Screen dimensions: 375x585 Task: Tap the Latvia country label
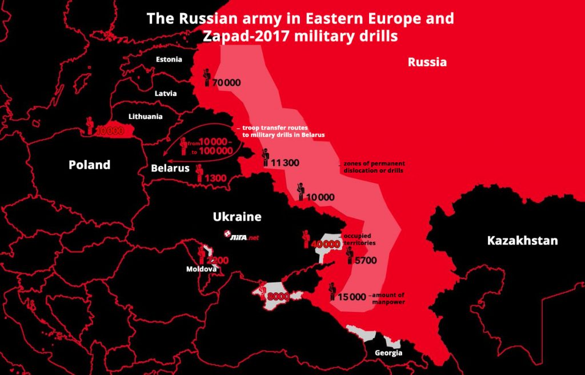click(166, 93)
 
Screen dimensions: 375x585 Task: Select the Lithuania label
click(146, 117)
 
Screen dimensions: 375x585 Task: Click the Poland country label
click(89, 165)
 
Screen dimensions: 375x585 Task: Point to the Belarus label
click(170, 169)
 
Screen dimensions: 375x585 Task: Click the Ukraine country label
click(237, 217)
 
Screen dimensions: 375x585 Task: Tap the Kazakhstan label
click(522, 241)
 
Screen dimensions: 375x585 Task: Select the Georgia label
click(388, 353)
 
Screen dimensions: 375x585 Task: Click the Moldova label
click(201, 269)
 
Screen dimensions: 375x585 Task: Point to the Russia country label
click(427, 62)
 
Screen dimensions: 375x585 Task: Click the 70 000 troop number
click(226, 83)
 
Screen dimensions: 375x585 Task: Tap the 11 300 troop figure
click(285, 163)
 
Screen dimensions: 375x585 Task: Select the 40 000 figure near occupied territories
click(326, 244)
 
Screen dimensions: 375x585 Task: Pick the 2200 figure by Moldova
click(218, 260)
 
